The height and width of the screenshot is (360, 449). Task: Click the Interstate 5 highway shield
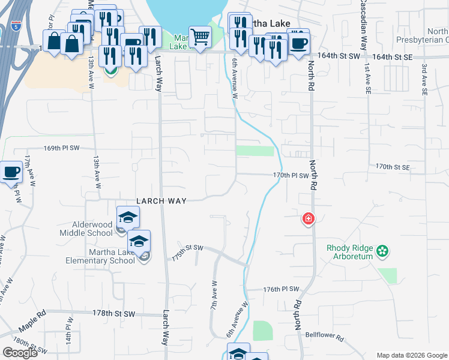point(15,25)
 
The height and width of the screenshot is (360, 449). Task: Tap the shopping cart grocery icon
point(199,37)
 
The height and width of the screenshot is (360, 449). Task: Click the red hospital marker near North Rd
point(309,218)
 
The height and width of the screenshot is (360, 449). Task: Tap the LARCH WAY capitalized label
point(161,201)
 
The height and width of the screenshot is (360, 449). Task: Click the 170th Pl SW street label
point(290,176)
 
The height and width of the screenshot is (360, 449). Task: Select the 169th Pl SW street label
point(61,147)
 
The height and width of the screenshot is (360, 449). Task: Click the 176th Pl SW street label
point(281,289)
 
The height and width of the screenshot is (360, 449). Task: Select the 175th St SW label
point(188,248)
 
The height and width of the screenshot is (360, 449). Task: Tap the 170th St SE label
point(393,166)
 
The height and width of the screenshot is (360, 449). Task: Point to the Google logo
point(20,353)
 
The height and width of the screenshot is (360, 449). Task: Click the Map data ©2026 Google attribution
point(412,355)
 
